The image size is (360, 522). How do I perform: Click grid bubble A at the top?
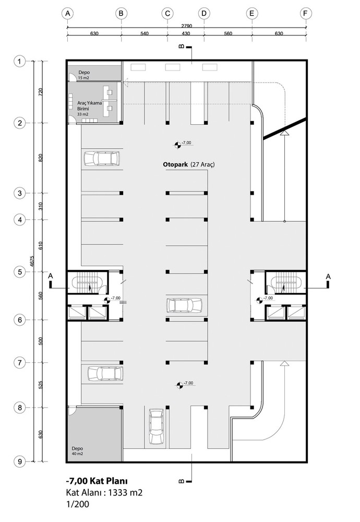pyautogui.click(x=67, y=14)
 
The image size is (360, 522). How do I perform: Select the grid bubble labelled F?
pyautogui.click(x=305, y=14)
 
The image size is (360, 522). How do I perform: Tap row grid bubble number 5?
pyautogui.click(x=20, y=272)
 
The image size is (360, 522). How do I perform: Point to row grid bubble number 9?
pyautogui.click(x=20, y=461)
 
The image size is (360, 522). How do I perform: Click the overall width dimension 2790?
pyautogui.click(x=187, y=26)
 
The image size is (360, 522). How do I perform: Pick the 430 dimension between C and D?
pyautogui.click(x=186, y=33)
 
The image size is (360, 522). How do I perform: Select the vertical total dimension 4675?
pyautogui.click(x=32, y=261)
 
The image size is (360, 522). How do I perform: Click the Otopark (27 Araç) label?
pyautogui.click(x=189, y=164)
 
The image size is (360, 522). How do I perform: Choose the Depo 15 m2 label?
pyautogui.click(x=84, y=75)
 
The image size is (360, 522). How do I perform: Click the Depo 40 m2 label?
pyautogui.click(x=77, y=451)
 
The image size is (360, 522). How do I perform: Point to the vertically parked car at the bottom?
pyautogui.click(x=155, y=426)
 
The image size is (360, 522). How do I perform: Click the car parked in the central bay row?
pyautogui.click(x=184, y=305)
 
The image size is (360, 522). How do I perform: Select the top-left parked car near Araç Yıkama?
pyautogui.click(x=102, y=159)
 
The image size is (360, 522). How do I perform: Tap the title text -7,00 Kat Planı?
pyautogui.click(x=97, y=481)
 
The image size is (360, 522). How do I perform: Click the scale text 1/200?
pyautogui.click(x=78, y=504)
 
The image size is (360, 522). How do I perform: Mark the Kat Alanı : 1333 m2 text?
pyautogui.click(x=104, y=493)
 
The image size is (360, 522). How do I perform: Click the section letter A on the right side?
pyautogui.click(x=328, y=276)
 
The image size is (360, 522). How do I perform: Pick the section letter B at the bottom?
pyautogui.click(x=182, y=481)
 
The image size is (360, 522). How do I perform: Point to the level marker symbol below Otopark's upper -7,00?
pyautogui.click(x=178, y=145)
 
